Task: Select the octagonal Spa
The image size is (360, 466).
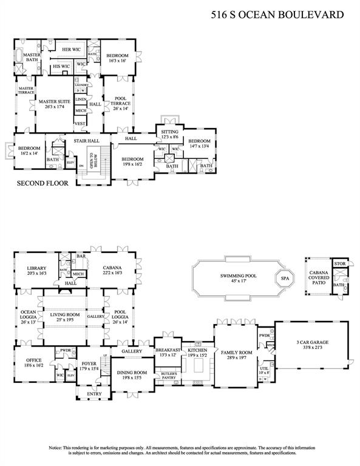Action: (x=284, y=279)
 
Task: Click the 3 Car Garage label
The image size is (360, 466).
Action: (x=310, y=345)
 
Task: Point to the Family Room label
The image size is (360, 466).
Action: (x=237, y=355)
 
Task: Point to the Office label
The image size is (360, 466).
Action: (x=34, y=363)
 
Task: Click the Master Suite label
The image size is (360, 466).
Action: (x=55, y=104)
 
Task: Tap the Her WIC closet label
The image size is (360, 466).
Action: (x=73, y=49)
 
